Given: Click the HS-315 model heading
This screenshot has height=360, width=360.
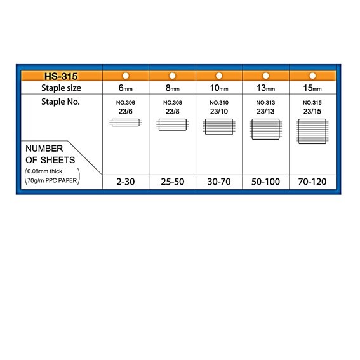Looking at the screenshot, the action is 61,76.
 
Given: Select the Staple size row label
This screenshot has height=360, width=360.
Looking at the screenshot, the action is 61,88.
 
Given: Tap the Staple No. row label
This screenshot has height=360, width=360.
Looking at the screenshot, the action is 60,102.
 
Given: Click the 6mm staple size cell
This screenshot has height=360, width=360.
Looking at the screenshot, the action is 125,88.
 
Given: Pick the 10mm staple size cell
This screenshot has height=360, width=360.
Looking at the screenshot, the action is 219,88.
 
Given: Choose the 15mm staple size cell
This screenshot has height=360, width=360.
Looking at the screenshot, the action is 312,88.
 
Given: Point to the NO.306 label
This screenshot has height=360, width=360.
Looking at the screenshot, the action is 125,103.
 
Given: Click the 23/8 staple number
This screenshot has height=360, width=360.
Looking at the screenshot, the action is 173,111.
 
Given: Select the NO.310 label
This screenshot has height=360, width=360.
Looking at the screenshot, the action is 219,103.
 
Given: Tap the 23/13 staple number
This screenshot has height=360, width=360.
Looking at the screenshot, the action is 265,111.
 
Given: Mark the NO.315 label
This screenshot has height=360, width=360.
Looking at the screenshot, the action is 312,103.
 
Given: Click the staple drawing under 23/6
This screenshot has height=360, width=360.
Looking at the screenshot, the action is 125,123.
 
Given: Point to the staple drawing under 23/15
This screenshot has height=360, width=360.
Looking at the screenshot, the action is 312,131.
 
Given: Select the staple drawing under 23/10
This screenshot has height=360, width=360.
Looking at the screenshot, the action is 219,127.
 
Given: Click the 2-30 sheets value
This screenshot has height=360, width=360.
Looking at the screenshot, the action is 125,182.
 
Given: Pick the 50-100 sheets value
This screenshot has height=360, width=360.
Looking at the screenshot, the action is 265,182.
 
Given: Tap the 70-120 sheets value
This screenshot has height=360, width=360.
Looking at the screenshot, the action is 312,182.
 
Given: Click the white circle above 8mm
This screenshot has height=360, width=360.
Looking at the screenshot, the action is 172,76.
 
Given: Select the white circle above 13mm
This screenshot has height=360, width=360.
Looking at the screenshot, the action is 265,76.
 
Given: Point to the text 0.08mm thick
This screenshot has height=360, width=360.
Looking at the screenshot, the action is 45,171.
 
